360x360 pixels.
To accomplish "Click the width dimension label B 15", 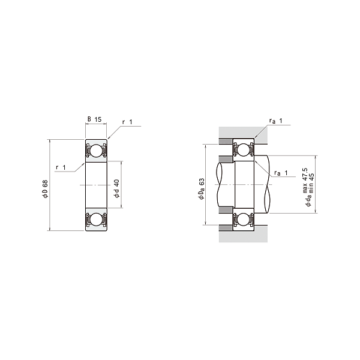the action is tap(94, 119).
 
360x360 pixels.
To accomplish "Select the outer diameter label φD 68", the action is tap(45, 189).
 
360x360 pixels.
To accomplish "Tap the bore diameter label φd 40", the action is tap(116, 188).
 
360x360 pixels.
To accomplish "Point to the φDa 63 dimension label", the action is tap(201, 189).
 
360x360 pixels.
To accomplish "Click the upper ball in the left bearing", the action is tap(96, 151).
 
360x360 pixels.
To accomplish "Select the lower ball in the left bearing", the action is tap(96, 219).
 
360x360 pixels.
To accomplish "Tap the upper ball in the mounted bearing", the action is tap(244, 149).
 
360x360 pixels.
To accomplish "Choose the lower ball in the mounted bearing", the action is tap(244, 220).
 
